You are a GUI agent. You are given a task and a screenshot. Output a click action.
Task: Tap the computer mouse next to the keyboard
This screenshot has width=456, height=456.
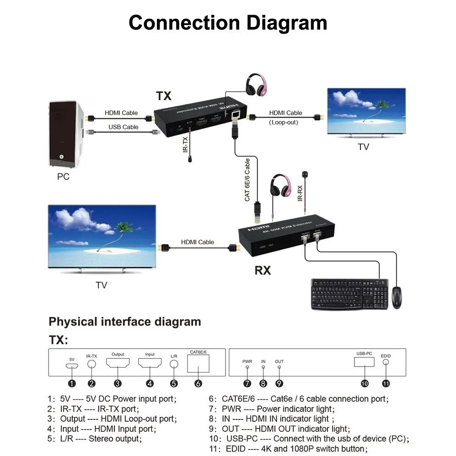(397, 297)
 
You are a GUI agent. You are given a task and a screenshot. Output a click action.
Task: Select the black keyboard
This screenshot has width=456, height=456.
(349, 294)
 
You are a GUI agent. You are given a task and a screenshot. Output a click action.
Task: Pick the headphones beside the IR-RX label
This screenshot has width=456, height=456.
(280, 185)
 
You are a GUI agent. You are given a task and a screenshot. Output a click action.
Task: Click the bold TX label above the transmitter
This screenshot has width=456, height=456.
(163, 96)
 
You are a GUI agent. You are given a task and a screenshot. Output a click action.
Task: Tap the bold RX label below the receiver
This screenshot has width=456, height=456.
(263, 271)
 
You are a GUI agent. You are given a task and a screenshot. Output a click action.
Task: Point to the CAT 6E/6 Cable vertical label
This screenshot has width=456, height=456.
(247, 180)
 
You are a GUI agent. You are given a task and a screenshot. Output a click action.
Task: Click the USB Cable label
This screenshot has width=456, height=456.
(123, 127)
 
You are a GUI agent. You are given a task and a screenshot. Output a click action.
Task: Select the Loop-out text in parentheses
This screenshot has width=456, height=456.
(284, 122)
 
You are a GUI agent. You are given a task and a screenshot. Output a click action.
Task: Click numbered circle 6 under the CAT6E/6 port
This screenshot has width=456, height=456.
(198, 384)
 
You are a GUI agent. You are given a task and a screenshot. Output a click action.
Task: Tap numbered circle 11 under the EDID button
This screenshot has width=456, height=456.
(386, 383)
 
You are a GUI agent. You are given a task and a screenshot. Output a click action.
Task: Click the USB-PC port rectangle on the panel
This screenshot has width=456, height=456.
(364, 362)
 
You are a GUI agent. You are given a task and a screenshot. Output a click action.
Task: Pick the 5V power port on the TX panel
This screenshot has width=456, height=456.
(72, 366)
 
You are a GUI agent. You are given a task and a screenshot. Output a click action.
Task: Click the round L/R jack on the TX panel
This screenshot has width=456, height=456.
(174, 365)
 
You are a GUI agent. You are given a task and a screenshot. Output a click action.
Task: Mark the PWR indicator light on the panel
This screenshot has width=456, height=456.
(247, 367)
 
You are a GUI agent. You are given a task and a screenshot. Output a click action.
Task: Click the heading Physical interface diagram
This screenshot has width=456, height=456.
(125, 322)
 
